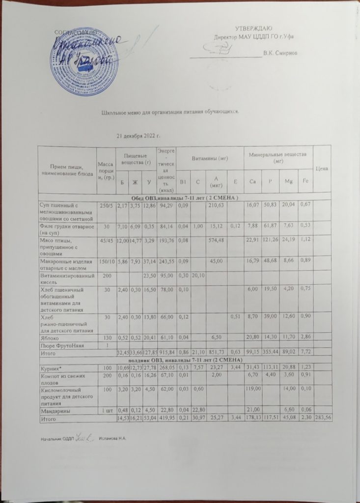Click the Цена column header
(x=322, y=168)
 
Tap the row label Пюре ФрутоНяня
(x=59, y=345)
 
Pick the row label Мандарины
(x=55, y=410)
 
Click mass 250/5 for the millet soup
(x=106, y=205)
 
